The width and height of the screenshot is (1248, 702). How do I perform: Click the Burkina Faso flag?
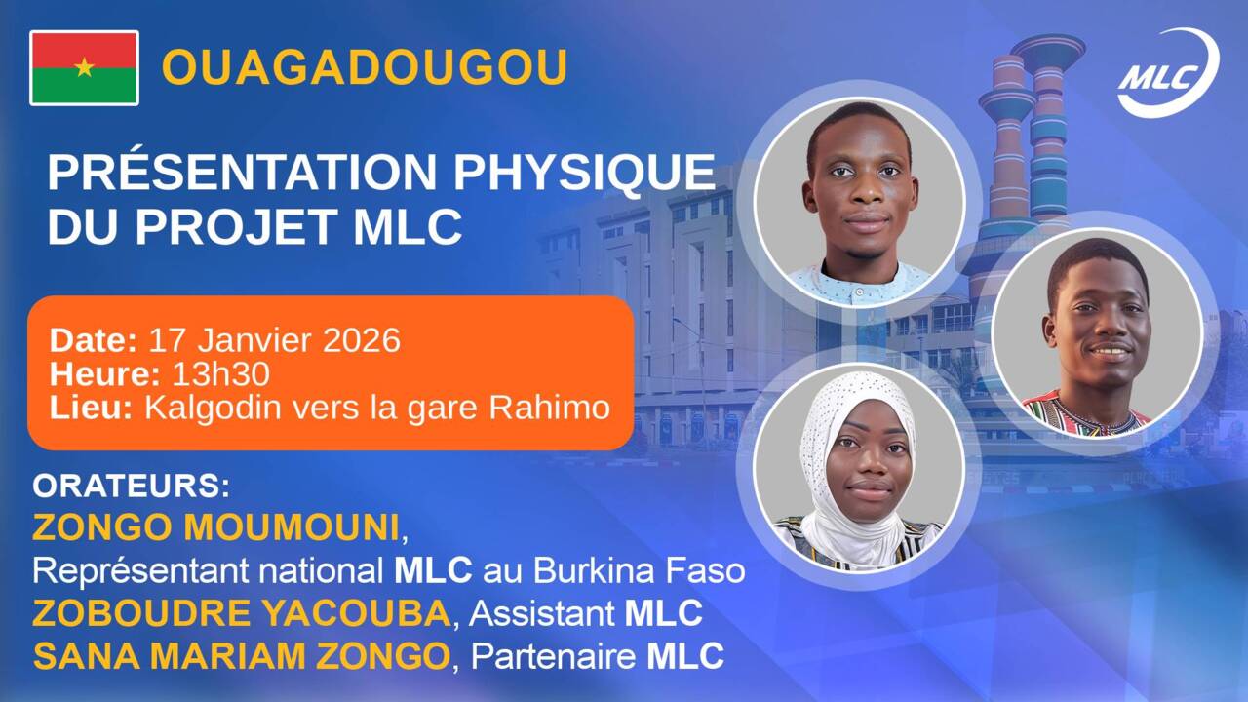pos(85,67)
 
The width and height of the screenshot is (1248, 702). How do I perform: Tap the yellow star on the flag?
pos(85,67)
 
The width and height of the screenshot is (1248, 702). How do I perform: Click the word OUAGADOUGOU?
pos(364,67)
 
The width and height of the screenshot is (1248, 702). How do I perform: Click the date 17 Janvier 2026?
pos(274,340)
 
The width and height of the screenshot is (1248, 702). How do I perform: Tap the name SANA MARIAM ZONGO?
pos(240,656)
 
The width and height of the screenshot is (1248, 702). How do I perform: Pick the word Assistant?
pos(541,613)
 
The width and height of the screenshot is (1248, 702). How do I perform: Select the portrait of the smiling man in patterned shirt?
pos(1096,333)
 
